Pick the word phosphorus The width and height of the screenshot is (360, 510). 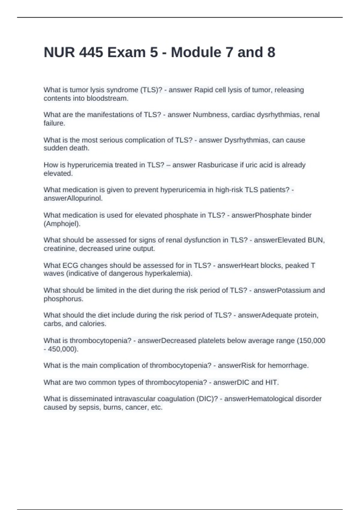(63, 299)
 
